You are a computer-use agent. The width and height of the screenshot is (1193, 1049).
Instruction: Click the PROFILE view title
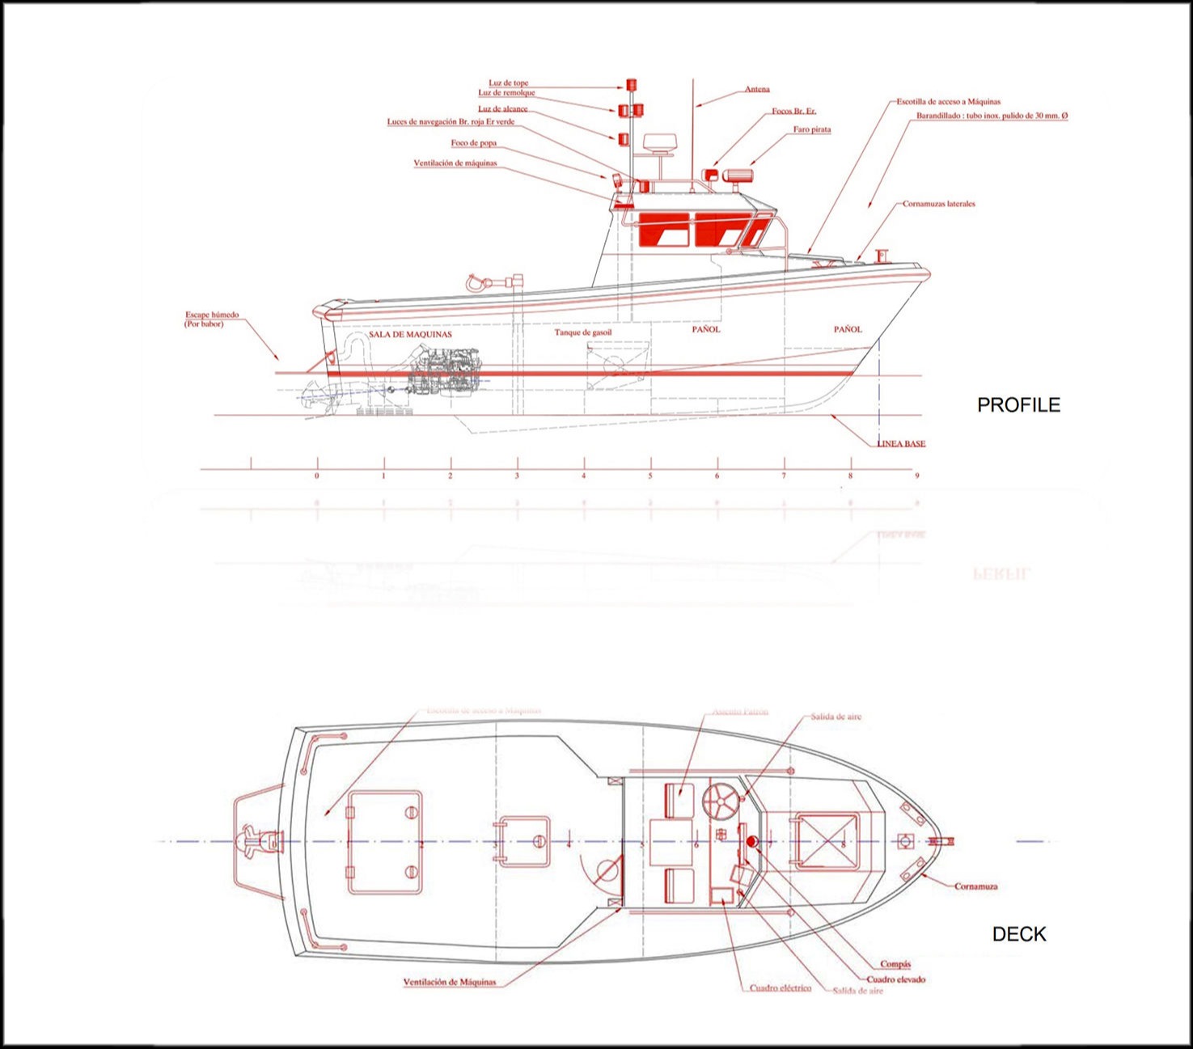pos(1018,405)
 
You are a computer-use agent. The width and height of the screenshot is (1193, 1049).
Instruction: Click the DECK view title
pos(1018,934)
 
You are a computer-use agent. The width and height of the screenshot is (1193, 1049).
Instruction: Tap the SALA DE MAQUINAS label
pos(410,334)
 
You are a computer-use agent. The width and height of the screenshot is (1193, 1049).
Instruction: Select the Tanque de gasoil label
pos(583,332)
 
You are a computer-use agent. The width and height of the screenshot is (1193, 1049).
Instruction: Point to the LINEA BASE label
pos(902,444)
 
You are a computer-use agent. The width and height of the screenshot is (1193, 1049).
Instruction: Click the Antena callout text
pos(757,90)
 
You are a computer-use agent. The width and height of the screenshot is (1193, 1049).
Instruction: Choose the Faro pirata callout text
pos(812,129)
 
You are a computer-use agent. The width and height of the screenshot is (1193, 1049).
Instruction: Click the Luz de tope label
pos(508,83)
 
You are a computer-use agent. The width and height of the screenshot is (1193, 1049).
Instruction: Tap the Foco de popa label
pos(474,143)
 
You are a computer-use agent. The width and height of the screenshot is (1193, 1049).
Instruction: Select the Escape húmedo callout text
pos(212,315)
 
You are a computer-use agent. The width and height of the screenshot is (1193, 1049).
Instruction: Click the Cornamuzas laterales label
pos(938,204)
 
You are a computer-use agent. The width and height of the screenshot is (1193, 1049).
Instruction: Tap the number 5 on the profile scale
pos(650,476)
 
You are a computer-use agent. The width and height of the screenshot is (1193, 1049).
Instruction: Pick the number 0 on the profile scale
pos(317,476)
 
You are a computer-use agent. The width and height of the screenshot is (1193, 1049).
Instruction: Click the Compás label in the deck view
pos(895,964)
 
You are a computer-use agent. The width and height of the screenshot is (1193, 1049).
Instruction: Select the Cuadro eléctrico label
pos(780,988)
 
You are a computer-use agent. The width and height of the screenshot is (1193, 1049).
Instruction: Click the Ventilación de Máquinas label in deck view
pos(450,983)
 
